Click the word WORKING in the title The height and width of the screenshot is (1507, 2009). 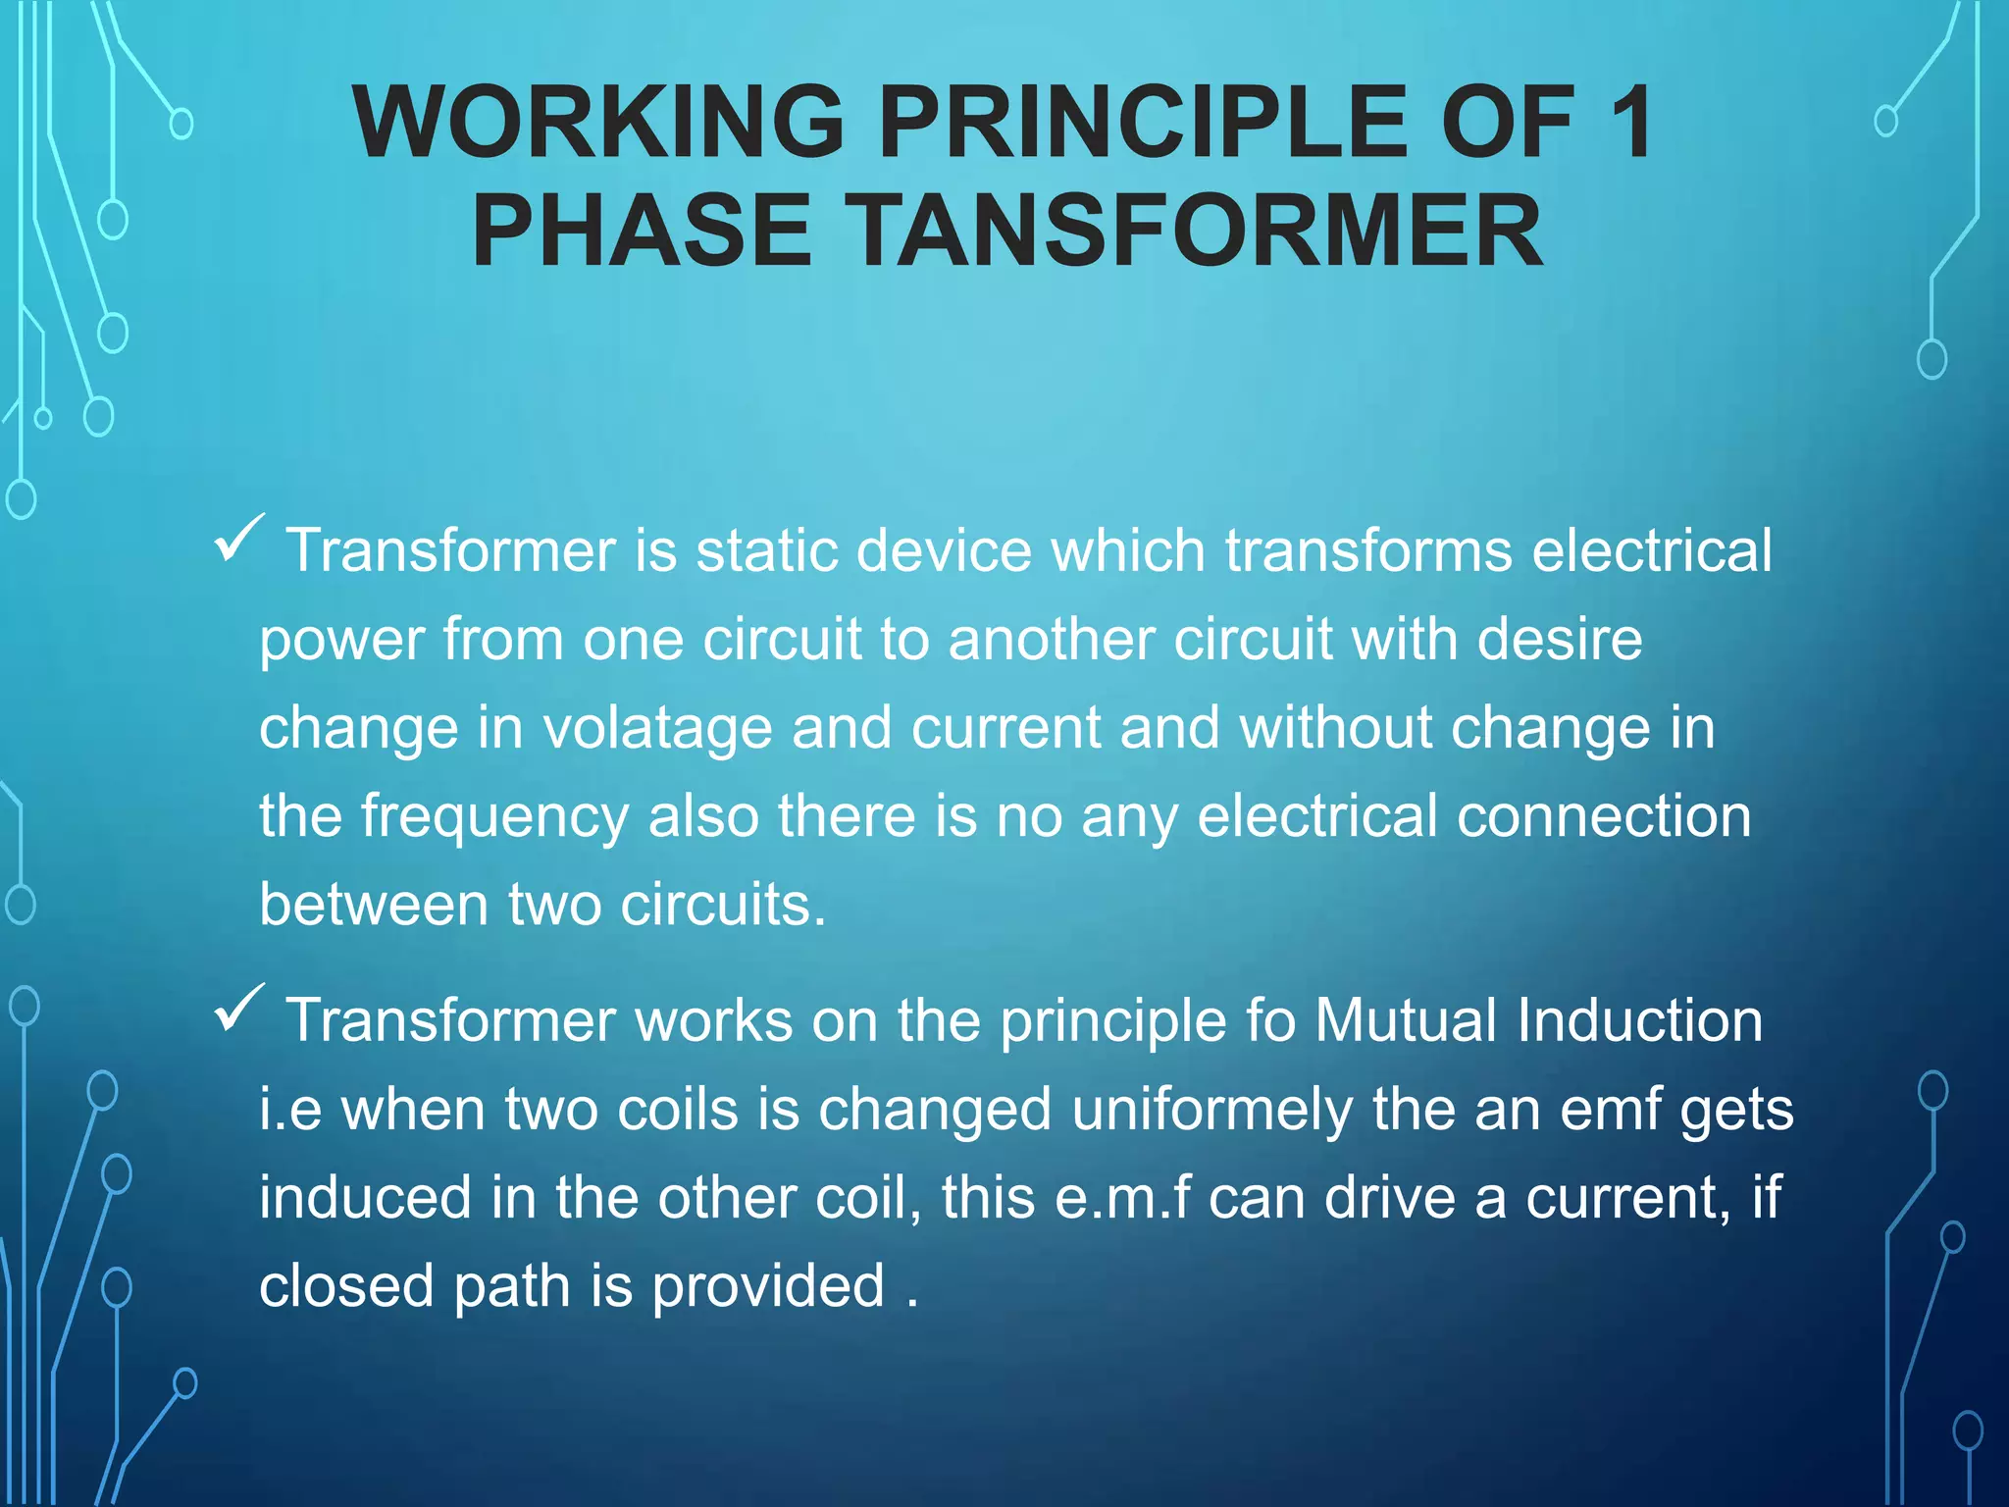point(598,122)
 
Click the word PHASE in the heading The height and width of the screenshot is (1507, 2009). point(642,232)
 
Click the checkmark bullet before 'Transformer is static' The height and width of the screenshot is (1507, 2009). point(238,539)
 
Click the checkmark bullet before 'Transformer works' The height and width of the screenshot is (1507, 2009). point(238,1009)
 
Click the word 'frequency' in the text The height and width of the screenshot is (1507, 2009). point(494,817)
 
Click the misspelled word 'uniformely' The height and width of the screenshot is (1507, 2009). point(1211,1110)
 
